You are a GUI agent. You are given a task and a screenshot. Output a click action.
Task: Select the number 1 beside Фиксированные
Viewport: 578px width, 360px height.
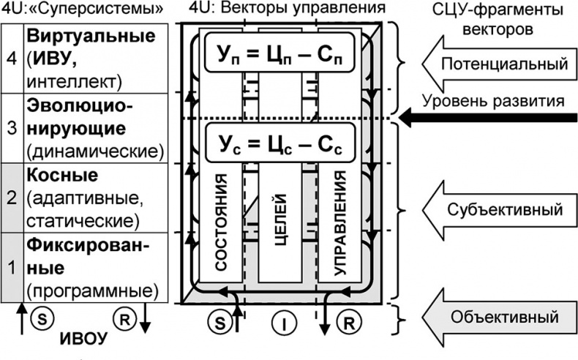[x=11, y=269]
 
